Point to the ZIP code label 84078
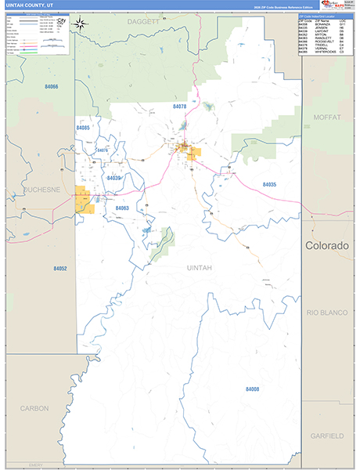[x=180, y=105]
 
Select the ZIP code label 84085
[x=84, y=127]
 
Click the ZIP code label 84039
[x=114, y=178]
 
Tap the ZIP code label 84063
[x=121, y=208]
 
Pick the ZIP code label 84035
[x=269, y=184]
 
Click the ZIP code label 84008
[x=252, y=389]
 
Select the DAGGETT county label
[x=142, y=22]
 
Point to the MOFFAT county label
[x=327, y=117]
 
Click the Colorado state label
[x=326, y=245]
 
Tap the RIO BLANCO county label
[x=326, y=313]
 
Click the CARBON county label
[x=34, y=408]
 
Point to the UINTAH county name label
[x=200, y=268]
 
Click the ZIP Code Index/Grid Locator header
[x=323, y=16]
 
